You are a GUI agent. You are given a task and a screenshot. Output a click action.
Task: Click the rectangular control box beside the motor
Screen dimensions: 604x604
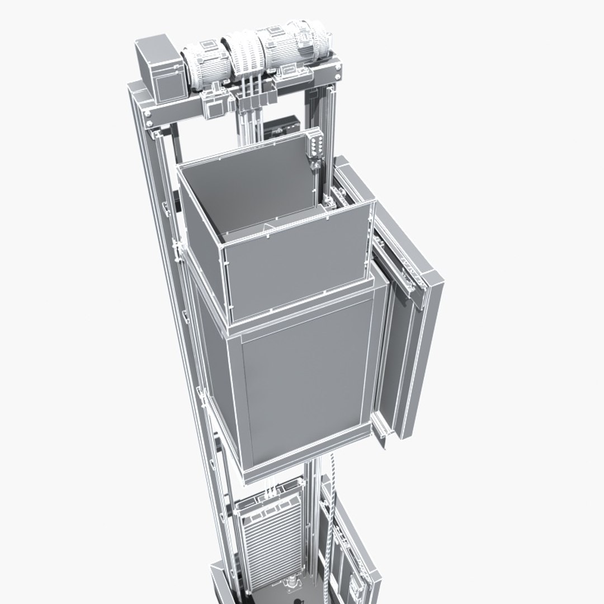[x=161, y=69]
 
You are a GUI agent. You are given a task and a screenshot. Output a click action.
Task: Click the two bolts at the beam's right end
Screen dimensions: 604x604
[x=337, y=72]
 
